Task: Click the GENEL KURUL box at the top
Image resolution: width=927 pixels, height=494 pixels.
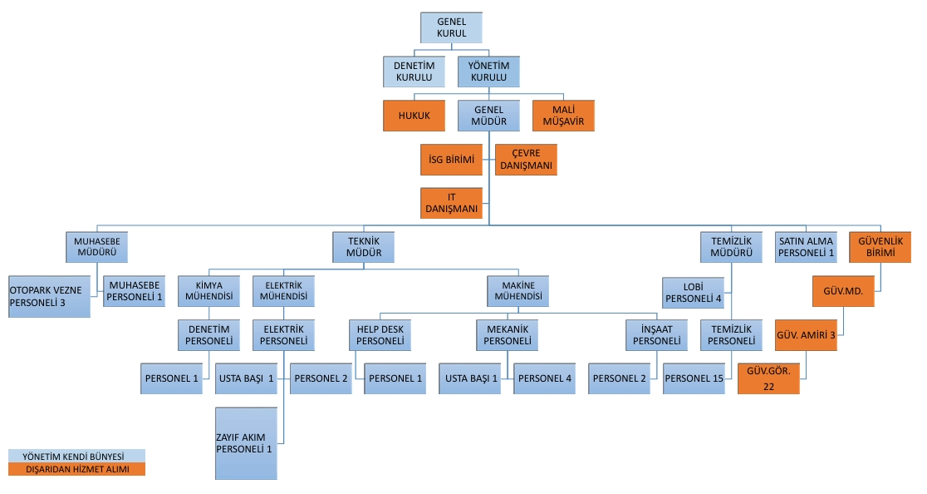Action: [x=451, y=27]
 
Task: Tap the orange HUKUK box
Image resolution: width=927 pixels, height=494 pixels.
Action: [x=414, y=116]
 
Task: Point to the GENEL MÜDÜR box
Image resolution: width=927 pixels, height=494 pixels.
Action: [x=489, y=116]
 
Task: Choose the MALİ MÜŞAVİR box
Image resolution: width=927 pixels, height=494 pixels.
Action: [x=564, y=116]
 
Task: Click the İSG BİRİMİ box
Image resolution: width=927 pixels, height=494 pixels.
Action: [x=451, y=160]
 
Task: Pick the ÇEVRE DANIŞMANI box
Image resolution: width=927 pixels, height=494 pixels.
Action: [x=526, y=160]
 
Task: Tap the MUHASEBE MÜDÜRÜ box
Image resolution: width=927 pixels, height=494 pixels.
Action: [x=97, y=247]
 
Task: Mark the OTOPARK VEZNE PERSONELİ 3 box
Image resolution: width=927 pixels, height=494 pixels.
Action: [x=49, y=296]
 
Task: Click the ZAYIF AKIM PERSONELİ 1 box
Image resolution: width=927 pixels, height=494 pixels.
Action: [x=246, y=442]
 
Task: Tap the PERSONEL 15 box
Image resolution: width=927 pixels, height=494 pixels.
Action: [x=694, y=378]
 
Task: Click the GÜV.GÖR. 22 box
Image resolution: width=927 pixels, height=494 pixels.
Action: [x=769, y=378]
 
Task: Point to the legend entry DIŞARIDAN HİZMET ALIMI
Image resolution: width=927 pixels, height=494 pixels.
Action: [x=76, y=469]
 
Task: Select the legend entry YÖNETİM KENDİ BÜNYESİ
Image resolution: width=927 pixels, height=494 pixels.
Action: [x=76, y=457]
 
